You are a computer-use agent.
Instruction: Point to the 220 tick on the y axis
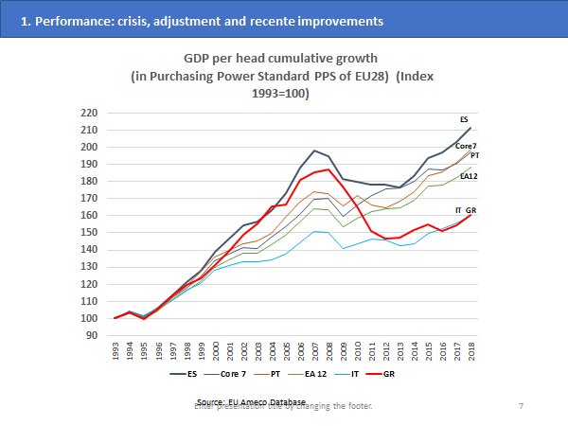pyautogui.click(x=90, y=113)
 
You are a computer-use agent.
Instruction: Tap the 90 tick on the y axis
pyautogui.click(x=93, y=334)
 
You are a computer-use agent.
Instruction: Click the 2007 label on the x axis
pyautogui.click(x=314, y=353)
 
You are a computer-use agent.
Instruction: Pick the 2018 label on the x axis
pyautogui.click(x=470, y=353)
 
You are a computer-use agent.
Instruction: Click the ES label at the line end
pyautogui.click(x=464, y=120)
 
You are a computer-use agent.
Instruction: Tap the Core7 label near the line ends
pyautogui.click(x=466, y=146)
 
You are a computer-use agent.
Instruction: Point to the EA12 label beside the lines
pyautogui.click(x=470, y=175)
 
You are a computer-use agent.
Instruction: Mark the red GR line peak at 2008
pyautogui.click(x=328, y=169)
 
